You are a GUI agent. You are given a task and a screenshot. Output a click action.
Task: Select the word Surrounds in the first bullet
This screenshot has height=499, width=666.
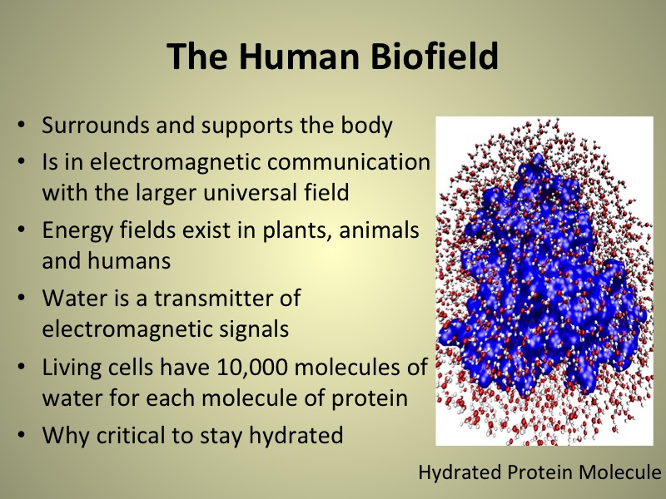[x=95, y=126]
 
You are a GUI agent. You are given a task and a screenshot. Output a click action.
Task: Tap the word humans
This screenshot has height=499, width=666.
[x=129, y=260]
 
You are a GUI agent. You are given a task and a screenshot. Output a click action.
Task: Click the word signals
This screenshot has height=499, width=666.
[x=254, y=329]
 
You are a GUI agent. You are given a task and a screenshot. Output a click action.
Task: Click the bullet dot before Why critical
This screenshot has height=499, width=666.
[x=22, y=435]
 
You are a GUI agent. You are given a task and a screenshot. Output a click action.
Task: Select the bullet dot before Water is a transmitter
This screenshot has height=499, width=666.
[x=22, y=298]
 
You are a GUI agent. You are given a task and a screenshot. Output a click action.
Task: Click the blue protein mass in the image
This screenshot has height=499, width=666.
[x=544, y=280]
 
